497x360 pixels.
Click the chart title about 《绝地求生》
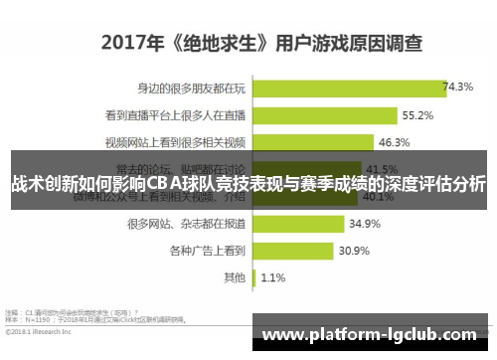click(x=260, y=44)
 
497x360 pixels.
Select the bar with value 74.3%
click(x=349, y=88)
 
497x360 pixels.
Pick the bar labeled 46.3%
click(x=315, y=142)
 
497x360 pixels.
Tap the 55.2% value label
click(x=416, y=115)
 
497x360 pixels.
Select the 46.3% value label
click(x=395, y=142)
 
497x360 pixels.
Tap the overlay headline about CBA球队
click(x=248, y=184)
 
